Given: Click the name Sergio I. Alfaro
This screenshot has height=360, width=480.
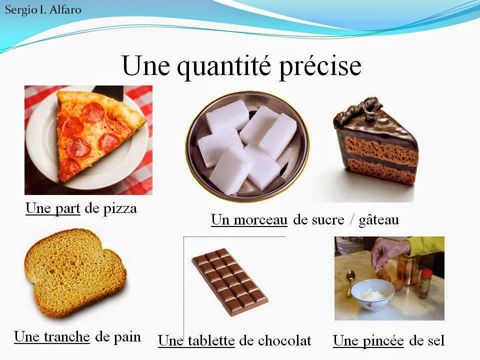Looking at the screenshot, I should [43, 9].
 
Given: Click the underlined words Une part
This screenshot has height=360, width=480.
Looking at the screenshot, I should [52, 208].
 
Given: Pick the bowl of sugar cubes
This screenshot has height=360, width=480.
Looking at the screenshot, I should [247, 145].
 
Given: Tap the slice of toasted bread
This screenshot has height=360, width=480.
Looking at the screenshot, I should [75, 272].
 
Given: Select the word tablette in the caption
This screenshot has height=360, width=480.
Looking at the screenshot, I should [210, 341].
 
